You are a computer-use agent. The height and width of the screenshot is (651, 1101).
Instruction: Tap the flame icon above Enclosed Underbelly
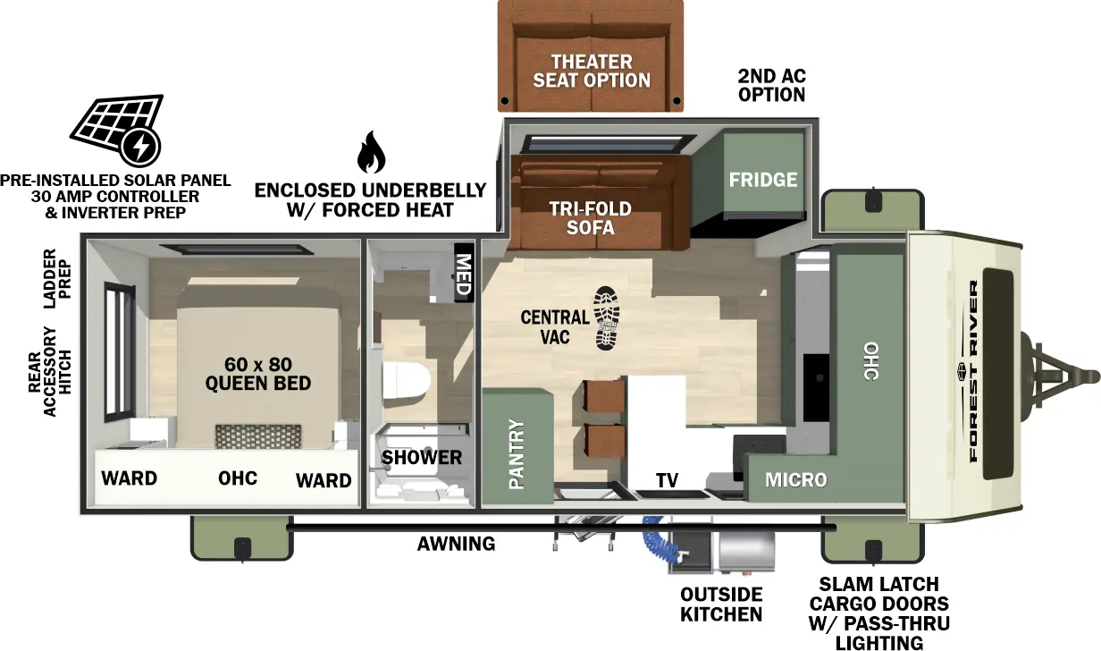pos(370,153)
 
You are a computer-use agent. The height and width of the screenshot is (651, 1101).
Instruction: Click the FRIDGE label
pos(762,179)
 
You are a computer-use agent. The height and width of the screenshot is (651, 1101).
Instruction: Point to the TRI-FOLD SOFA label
pos(590,218)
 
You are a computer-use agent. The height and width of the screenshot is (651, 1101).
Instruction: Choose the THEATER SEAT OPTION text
pos(592,71)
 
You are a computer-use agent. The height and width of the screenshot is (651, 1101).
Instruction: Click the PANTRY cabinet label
pos(517,454)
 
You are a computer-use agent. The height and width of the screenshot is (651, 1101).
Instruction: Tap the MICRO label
pos(795,480)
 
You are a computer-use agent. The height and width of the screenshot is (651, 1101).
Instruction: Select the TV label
pos(666,481)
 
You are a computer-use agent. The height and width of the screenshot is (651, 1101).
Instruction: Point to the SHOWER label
pos(422,458)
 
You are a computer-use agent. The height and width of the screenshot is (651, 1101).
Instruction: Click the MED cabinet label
pos(464,273)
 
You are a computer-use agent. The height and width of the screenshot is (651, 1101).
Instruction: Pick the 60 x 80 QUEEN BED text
pos(258,374)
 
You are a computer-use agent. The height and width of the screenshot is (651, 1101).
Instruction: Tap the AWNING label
pos(456,544)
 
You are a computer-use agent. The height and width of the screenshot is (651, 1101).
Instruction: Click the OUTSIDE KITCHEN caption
pos(721,604)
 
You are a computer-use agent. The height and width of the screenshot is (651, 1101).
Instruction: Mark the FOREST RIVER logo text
pos(973,371)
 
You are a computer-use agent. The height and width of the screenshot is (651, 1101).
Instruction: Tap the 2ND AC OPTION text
pos(771,85)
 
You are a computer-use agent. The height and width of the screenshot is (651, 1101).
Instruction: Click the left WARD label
pos(129,478)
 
